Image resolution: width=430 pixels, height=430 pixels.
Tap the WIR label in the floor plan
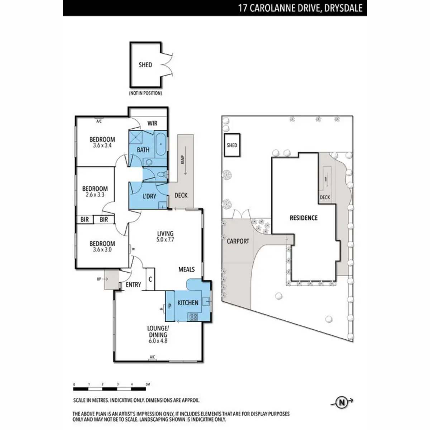[152, 124]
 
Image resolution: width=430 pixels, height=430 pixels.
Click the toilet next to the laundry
[163, 175]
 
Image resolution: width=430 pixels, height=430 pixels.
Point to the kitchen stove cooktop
[194, 316]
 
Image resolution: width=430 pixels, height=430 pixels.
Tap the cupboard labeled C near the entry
[150, 278]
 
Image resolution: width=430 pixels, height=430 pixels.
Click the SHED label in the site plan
[232, 145]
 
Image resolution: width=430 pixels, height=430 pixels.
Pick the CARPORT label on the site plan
[238, 241]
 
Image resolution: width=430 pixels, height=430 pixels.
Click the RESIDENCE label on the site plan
[304, 218]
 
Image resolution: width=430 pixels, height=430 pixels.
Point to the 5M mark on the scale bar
[147, 384]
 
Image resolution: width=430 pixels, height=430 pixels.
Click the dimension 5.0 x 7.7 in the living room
[165, 240]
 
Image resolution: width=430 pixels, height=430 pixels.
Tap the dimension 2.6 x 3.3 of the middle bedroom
[95, 195]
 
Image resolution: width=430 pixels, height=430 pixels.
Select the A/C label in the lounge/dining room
[152, 357]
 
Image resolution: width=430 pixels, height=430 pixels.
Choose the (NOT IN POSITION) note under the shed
[145, 93]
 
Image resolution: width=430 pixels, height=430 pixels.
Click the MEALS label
[187, 269]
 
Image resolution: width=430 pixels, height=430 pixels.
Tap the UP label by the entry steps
[99, 279]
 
